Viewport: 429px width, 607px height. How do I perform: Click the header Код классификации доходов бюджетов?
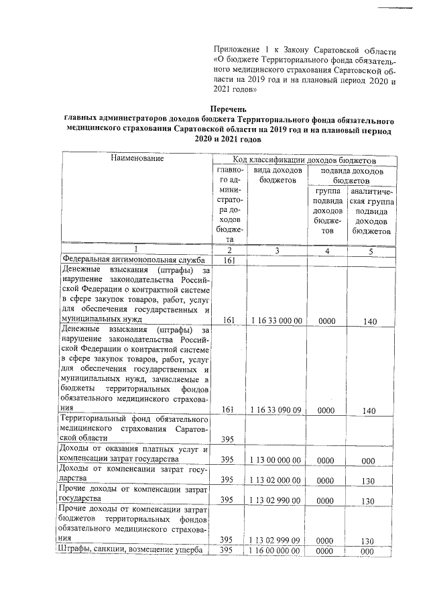(x=304, y=160)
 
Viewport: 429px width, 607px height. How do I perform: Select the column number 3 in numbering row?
(x=277, y=250)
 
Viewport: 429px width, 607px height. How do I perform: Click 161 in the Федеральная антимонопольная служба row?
(x=229, y=261)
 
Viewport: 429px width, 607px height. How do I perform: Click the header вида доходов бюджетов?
(x=277, y=176)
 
